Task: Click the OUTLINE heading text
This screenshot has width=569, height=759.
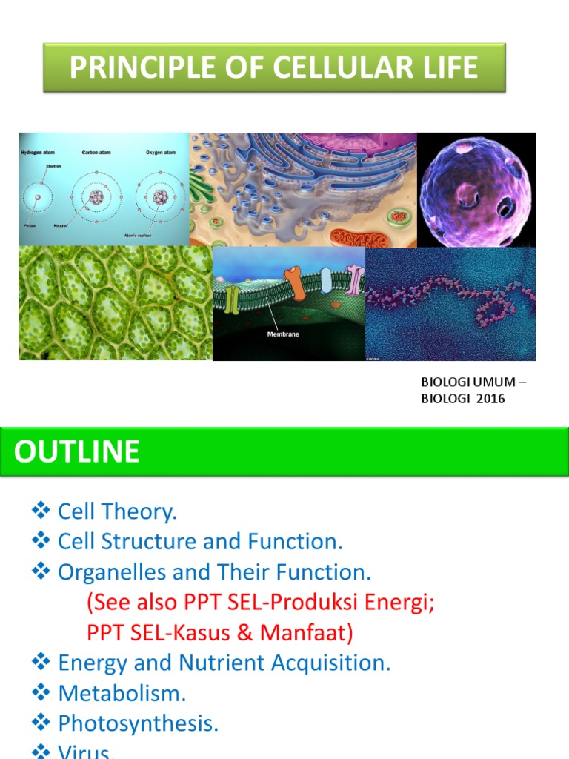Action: [76, 451]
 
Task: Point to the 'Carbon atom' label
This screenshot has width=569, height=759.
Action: [96, 152]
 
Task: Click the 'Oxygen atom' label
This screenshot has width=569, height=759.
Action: [160, 152]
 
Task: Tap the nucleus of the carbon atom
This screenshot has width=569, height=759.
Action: [96, 197]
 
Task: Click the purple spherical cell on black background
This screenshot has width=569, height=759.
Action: [475, 191]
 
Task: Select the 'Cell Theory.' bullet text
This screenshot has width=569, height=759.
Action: [117, 511]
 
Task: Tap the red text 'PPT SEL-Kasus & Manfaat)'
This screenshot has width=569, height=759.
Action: [220, 633]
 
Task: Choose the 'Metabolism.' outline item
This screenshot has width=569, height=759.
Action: [122, 694]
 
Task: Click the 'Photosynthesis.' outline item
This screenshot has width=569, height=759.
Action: [138, 724]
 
